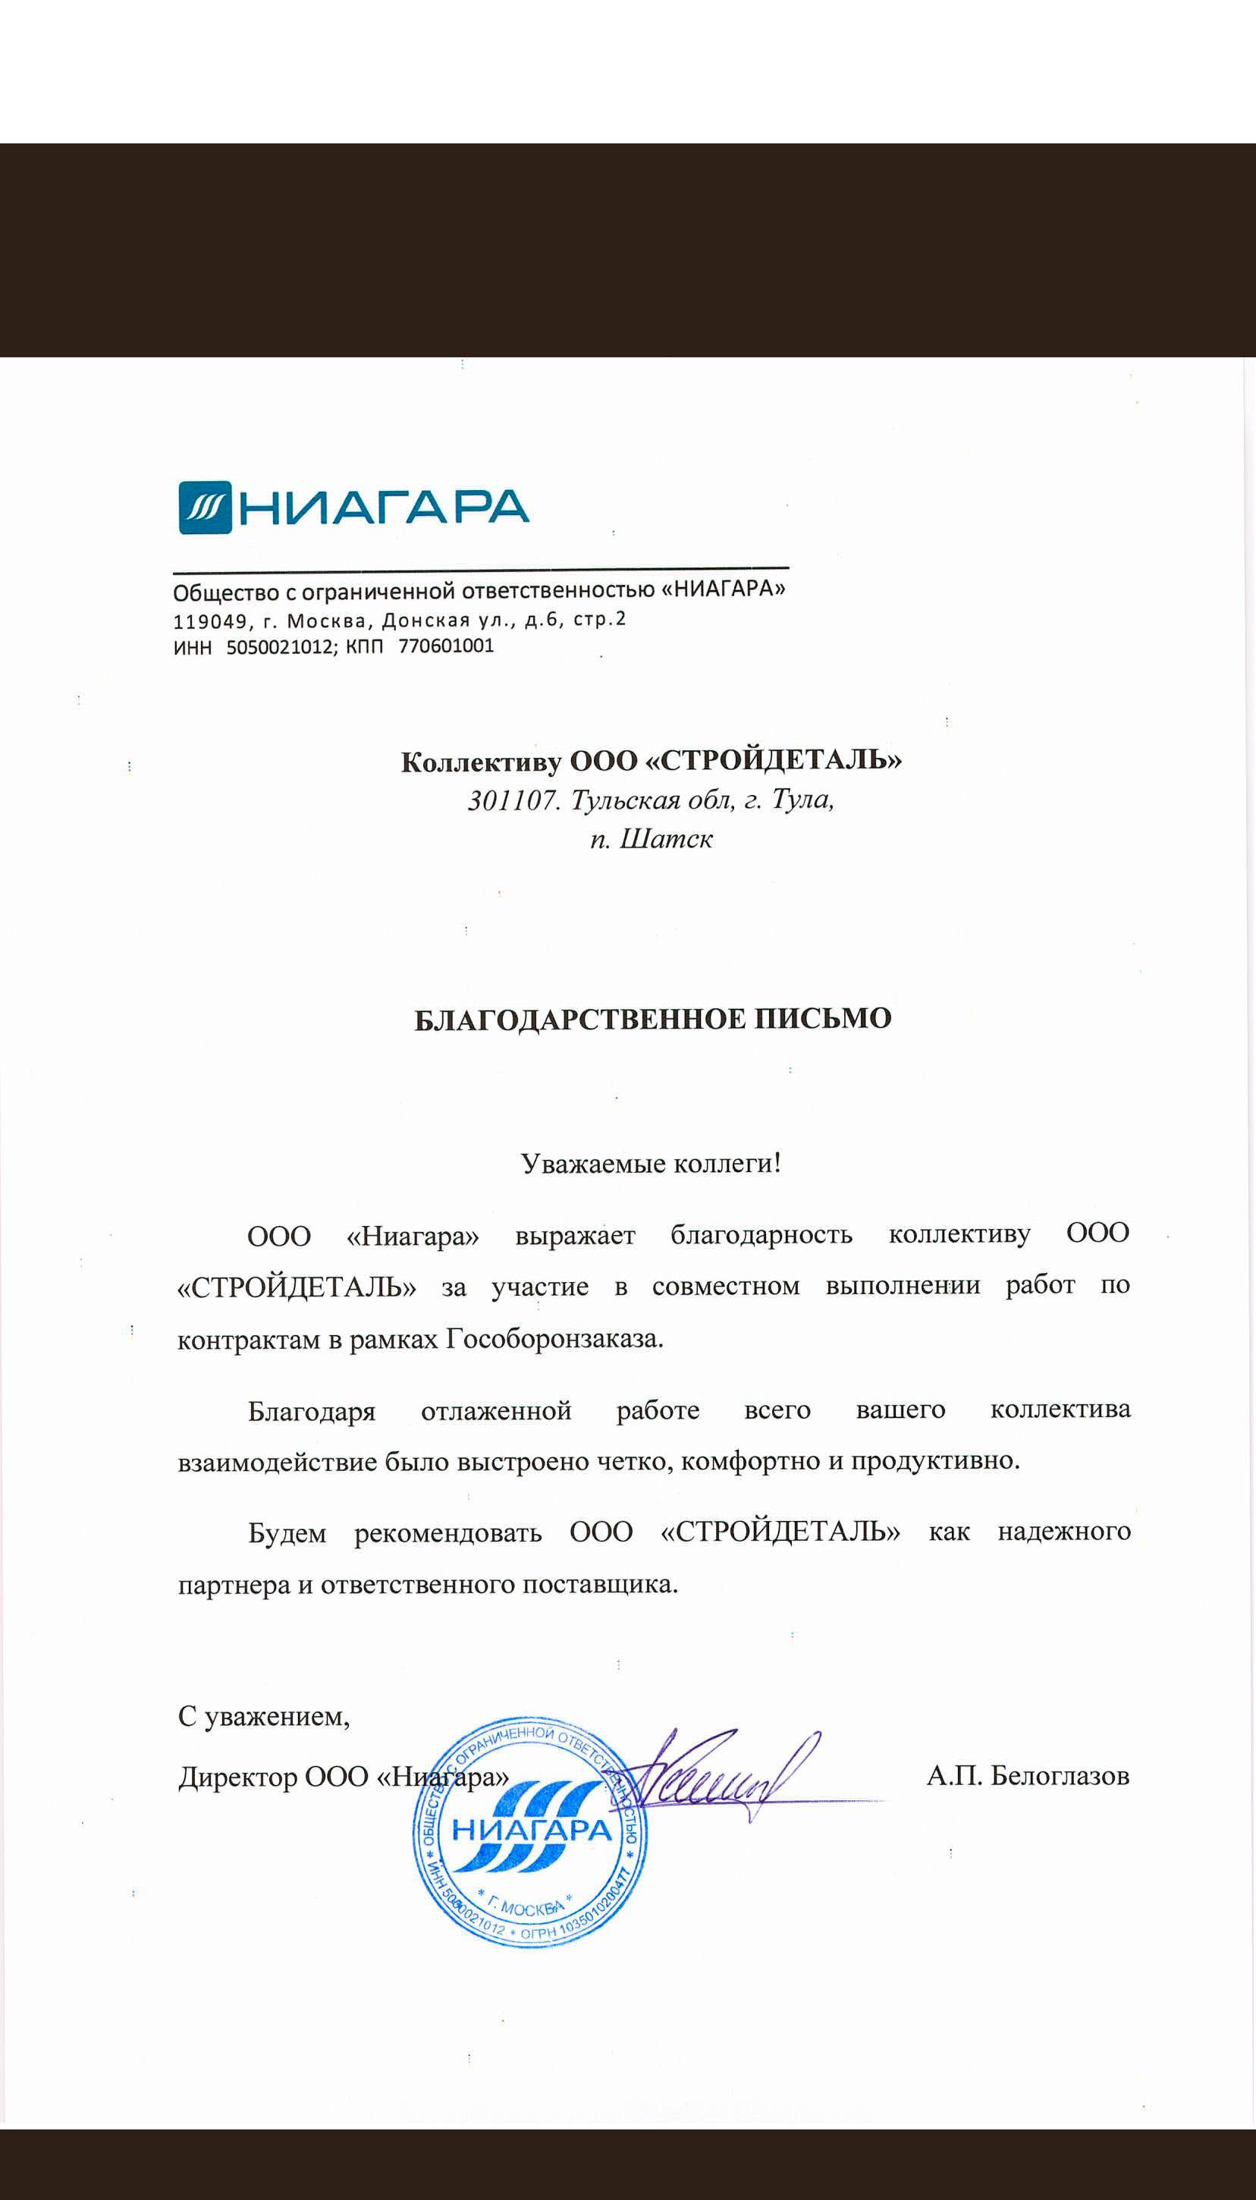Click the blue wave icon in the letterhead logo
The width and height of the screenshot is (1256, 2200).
206,508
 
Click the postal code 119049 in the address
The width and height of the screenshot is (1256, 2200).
209,621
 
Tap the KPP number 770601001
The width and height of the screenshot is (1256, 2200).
446,646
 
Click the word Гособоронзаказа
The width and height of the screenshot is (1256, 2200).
554,1339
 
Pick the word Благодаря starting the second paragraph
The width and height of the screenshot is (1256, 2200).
312,1412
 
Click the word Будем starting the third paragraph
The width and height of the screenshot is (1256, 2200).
287,1533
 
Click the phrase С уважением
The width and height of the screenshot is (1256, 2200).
263,1717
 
